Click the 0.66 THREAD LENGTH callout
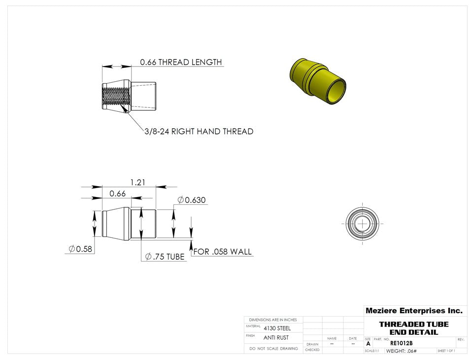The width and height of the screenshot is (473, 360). click(181, 63)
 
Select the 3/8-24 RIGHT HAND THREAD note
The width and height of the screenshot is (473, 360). click(199, 131)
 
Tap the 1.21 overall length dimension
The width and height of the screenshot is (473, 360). click(137, 182)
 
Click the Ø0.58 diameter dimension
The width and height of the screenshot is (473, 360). click(81, 249)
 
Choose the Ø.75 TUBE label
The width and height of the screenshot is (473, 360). click(165, 257)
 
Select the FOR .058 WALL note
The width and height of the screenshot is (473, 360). click(223, 252)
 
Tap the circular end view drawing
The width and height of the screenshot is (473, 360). click(363, 224)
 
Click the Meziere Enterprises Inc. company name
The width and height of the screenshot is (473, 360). click(414, 311)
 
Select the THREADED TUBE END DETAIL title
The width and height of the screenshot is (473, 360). click(414, 328)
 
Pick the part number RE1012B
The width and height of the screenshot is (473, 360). click(402, 343)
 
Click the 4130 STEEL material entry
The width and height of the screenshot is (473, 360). click(277, 328)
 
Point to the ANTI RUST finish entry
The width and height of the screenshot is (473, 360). click(276, 338)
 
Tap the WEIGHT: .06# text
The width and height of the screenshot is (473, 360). click(402, 351)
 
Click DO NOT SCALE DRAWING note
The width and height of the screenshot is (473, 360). click(273, 348)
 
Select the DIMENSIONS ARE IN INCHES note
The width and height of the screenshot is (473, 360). click(273, 320)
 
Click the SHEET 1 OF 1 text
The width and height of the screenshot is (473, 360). click(446, 351)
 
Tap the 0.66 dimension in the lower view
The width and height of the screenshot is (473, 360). click(117, 194)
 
